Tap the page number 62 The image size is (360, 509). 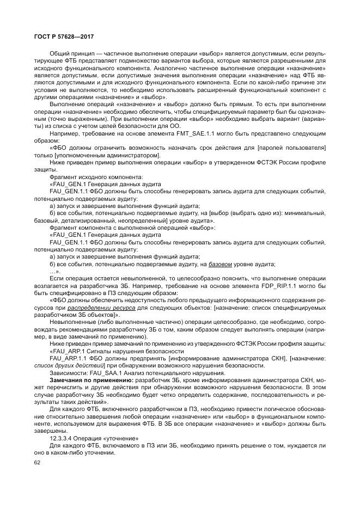point(37,463)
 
